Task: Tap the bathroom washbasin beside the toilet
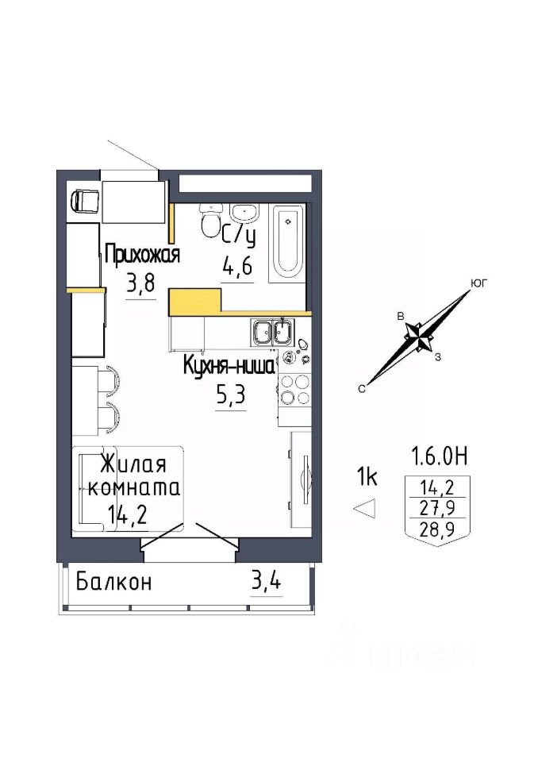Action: (x=244, y=213)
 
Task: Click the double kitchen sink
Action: (x=271, y=332)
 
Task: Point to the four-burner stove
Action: (x=294, y=389)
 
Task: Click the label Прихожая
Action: (x=142, y=254)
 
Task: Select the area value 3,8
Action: (x=141, y=283)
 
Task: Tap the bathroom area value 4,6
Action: (x=237, y=266)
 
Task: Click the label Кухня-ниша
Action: (x=229, y=367)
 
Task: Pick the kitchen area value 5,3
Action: (x=231, y=396)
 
